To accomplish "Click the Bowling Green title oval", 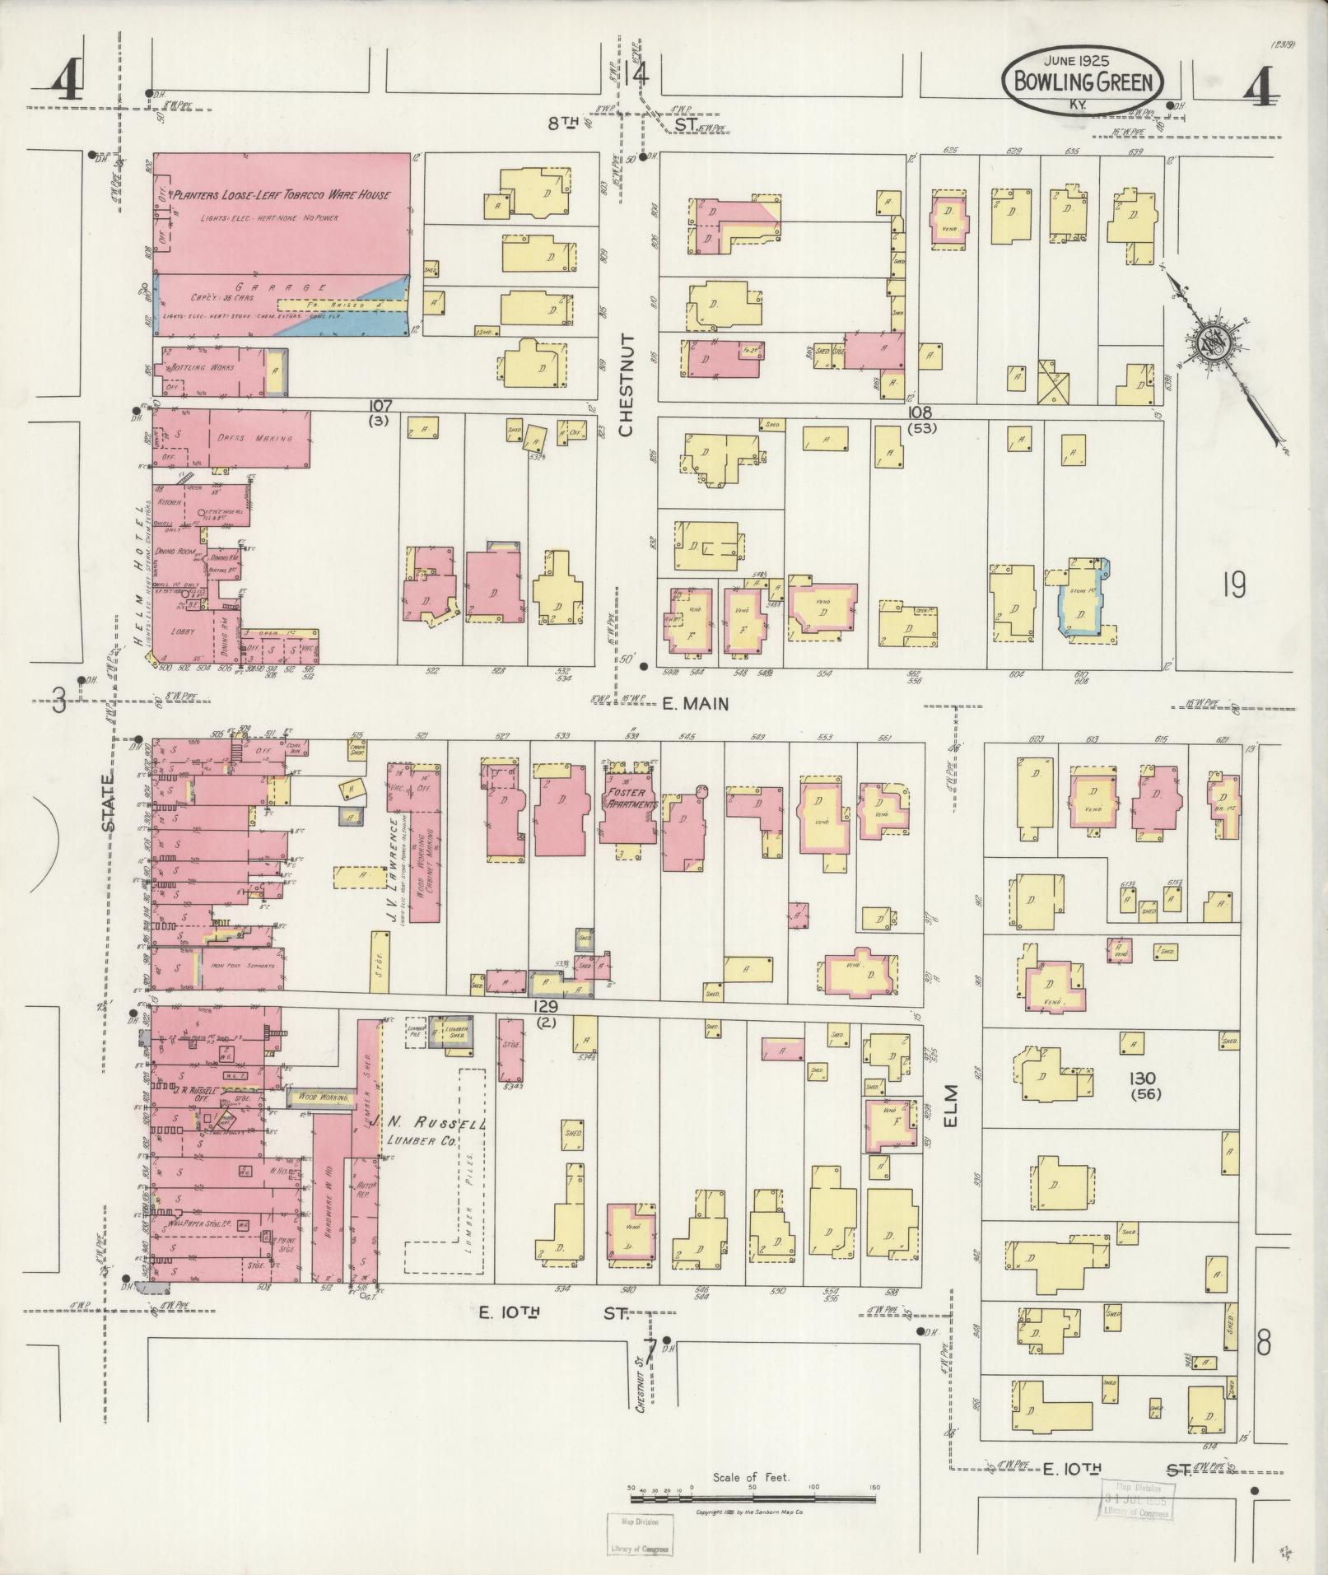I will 1082,81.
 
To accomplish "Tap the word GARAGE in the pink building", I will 277,287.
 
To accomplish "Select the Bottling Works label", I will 201,367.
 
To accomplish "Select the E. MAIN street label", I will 696,703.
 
